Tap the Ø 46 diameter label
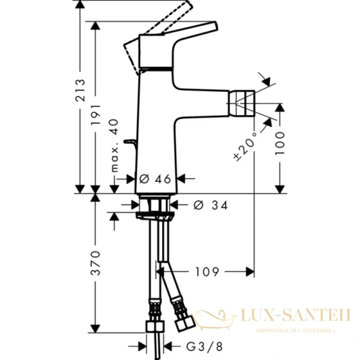(155, 178)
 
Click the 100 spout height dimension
(280, 145)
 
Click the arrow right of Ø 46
(185, 178)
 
